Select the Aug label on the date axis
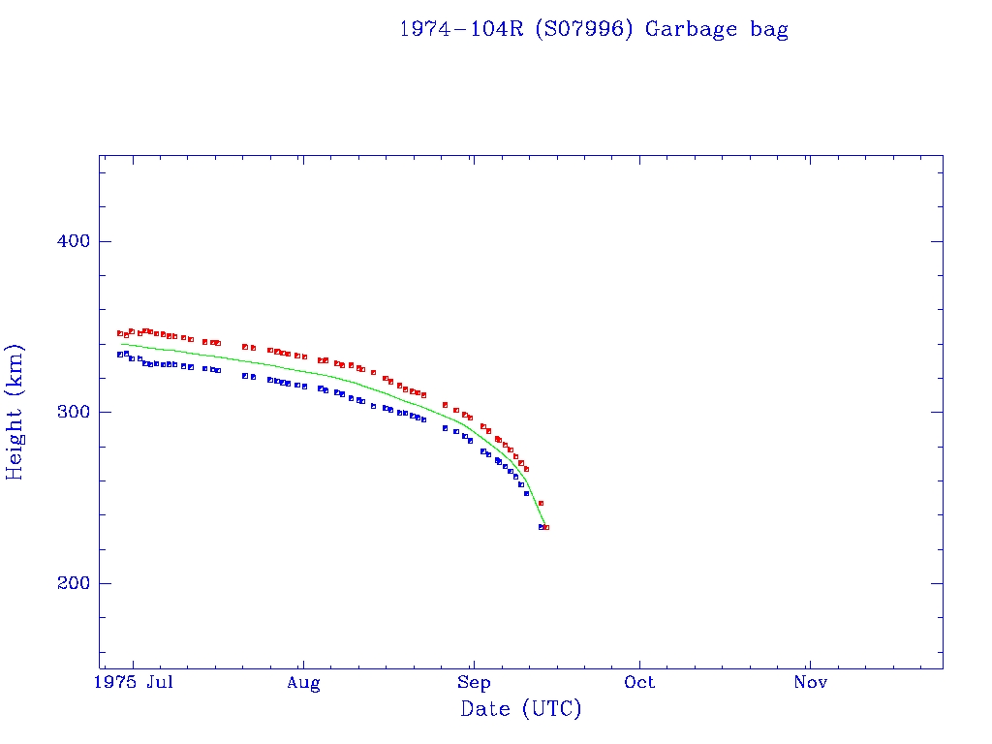click(x=303, y=683)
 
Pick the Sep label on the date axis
click(x=473, y=683)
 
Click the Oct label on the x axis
click(x=639, y=683)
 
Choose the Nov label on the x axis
click(x=810, y=683)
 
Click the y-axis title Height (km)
click(x=15, y=412)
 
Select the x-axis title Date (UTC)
click(x=521, y=709)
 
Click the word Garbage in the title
click(x=691, y=29)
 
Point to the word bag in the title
click(x=769, y=29)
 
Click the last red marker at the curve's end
click(x=546, y=527)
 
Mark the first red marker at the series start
click(x=120, y=333)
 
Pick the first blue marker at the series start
click(x=120, y=355)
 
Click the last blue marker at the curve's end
click(x=541, y=527)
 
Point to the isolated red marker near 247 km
click(x=541, y=503)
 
